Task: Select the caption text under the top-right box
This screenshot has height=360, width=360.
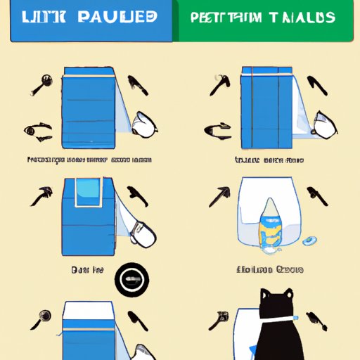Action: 269,161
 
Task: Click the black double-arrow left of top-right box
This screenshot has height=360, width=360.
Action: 218,129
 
